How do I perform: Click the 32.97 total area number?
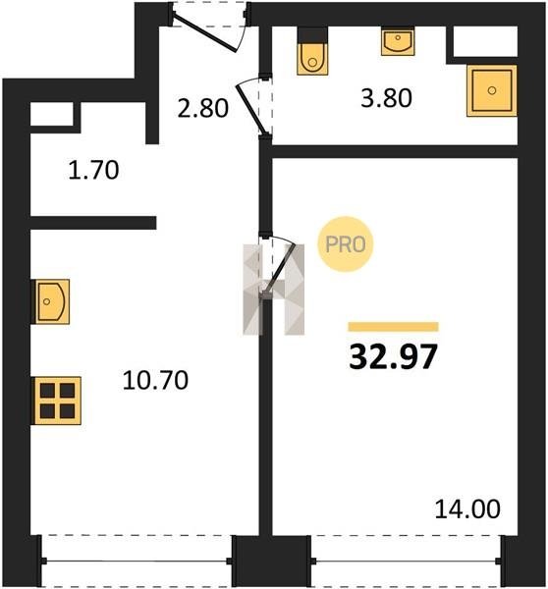coord(393,356)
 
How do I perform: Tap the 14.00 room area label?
coord(467,509)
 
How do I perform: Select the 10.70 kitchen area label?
coord(155,380)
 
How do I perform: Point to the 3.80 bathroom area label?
coord(386,98)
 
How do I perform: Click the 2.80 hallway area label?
coord(202,108)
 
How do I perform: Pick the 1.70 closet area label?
coord(93,170)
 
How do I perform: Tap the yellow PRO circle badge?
coord(346,244)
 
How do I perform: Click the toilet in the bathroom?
coord(312,59)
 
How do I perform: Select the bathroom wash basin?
coord(398,41)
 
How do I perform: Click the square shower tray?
coord(492,90)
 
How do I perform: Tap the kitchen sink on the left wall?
coord(52,301)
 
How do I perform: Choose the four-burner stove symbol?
coord(58,401)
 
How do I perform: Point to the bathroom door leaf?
coord(251,110)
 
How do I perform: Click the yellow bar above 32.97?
coord(393,327)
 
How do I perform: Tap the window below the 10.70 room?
coord(137,562)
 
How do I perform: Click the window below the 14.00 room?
coord(407,562)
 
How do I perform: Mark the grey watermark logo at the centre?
coord(274,290)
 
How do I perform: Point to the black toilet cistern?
coord(312,35)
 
